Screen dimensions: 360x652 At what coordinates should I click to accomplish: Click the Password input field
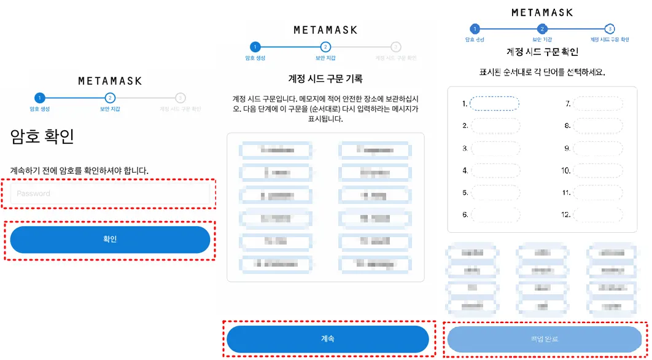[x=110, y=194]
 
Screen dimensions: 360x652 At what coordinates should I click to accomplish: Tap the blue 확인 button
[x=110, y=240]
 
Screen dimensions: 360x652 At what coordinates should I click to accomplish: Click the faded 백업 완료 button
[x=545, y=339]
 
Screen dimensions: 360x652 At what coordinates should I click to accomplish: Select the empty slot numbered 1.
[x=495, y=104]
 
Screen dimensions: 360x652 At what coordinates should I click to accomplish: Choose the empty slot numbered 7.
[x=598, y=104]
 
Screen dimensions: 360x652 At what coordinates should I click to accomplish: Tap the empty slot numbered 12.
[x=598, y=214]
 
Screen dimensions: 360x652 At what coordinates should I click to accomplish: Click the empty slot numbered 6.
[x=495, y=214]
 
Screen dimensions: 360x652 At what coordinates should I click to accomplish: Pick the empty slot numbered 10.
[x=598, y=170]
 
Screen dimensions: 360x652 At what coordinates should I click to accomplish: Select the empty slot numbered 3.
[x=495, y=148]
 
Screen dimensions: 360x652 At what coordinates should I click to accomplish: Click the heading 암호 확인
[x=42, y=136]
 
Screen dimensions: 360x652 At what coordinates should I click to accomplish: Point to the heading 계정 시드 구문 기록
[x=325, y=79]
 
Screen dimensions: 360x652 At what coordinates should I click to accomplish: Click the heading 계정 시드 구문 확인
[x=542, y=52]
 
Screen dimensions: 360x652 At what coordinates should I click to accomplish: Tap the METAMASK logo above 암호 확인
[x=110, y=81]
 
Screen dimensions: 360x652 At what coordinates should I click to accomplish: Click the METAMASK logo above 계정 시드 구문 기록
[x=325, y=30]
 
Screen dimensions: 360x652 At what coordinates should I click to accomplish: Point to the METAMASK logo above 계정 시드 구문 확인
[x=542, y=12]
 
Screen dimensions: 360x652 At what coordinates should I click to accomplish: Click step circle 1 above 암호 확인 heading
[x=40, y=98]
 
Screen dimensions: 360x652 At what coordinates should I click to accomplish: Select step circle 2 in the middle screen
[x=325, y=47]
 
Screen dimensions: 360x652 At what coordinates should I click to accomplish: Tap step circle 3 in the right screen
[x=609, y=29]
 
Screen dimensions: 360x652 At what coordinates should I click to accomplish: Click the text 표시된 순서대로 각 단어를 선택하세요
[x=542, y=72]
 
